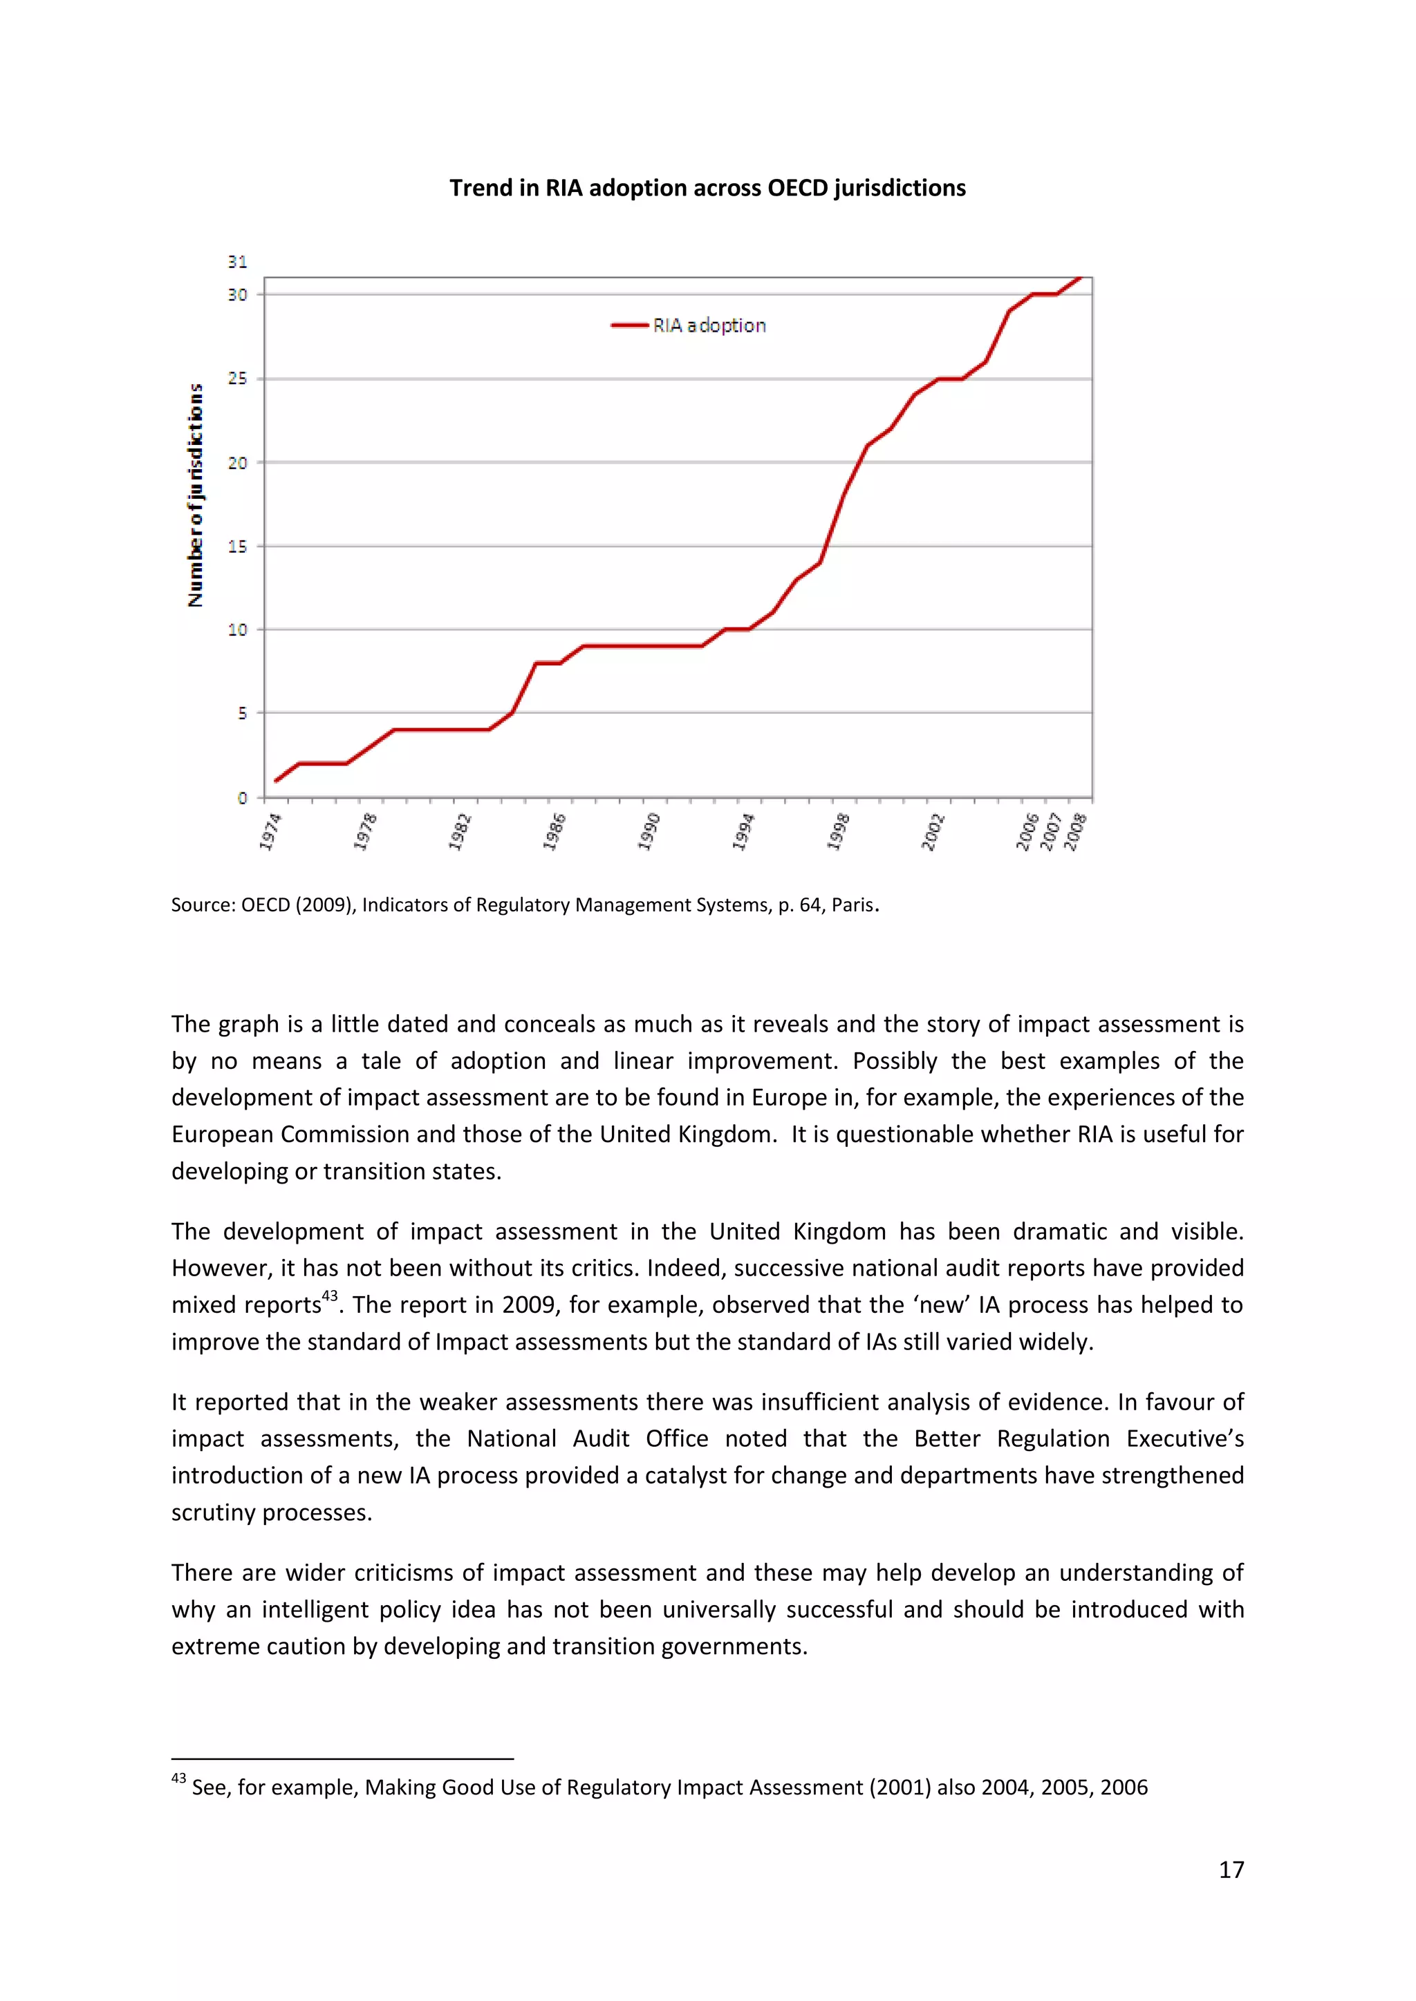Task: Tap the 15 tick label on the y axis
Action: coord(237,547)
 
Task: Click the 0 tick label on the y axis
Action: coord(243,798)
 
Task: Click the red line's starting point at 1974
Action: coord(277,781)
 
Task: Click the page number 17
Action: coord(1231,1870)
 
